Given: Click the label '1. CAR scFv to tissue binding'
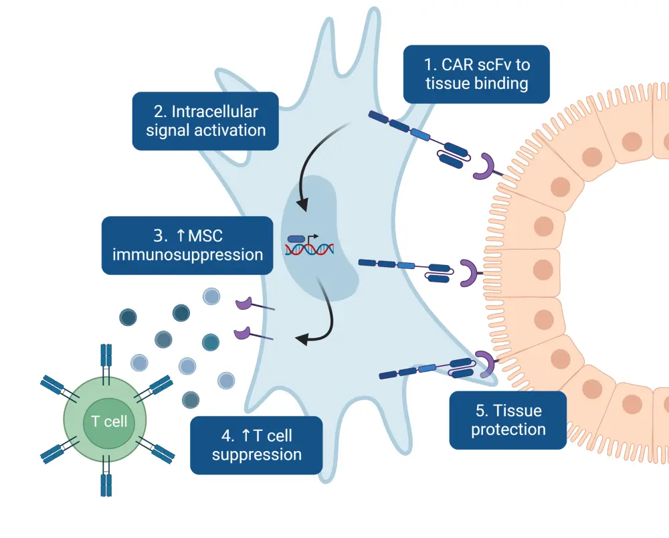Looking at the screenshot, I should tap(476, 74).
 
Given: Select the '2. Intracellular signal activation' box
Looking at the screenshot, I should tap(205, 120).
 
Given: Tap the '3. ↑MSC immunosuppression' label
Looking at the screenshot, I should tap(187, 245).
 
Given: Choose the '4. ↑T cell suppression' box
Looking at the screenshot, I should tap(256, 446).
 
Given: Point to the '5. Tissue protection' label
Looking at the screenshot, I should tap(508, 420).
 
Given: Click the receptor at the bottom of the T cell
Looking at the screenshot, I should tap(106, 483).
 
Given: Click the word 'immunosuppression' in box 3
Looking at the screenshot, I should tap(187, 254).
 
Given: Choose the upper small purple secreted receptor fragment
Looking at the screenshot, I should tap(244, 304).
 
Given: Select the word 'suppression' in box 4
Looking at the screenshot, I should tap(256, 455).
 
